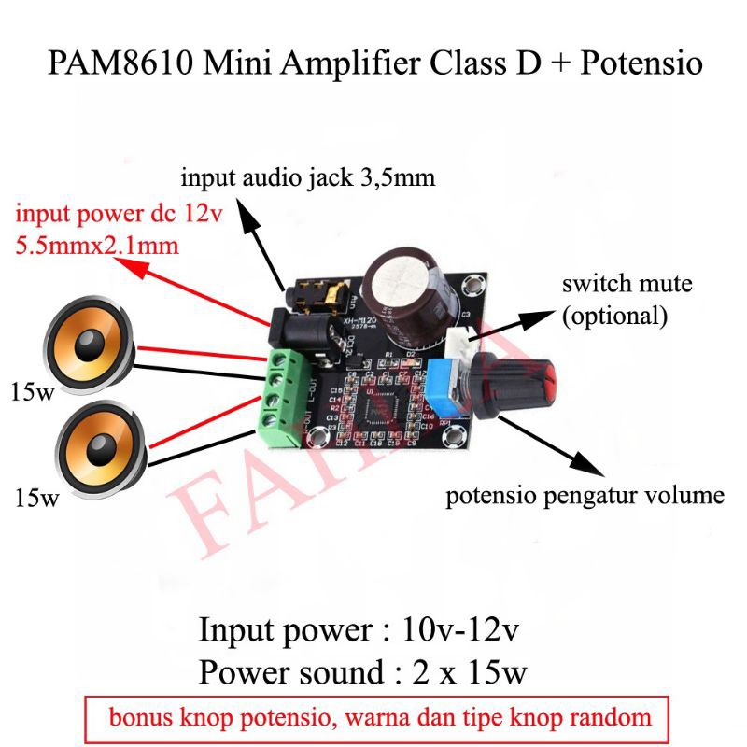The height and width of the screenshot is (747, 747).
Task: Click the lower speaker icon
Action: (91, 446)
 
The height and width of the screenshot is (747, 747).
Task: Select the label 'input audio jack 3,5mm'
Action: (308, 176)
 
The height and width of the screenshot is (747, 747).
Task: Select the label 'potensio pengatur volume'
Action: (585, 495)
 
